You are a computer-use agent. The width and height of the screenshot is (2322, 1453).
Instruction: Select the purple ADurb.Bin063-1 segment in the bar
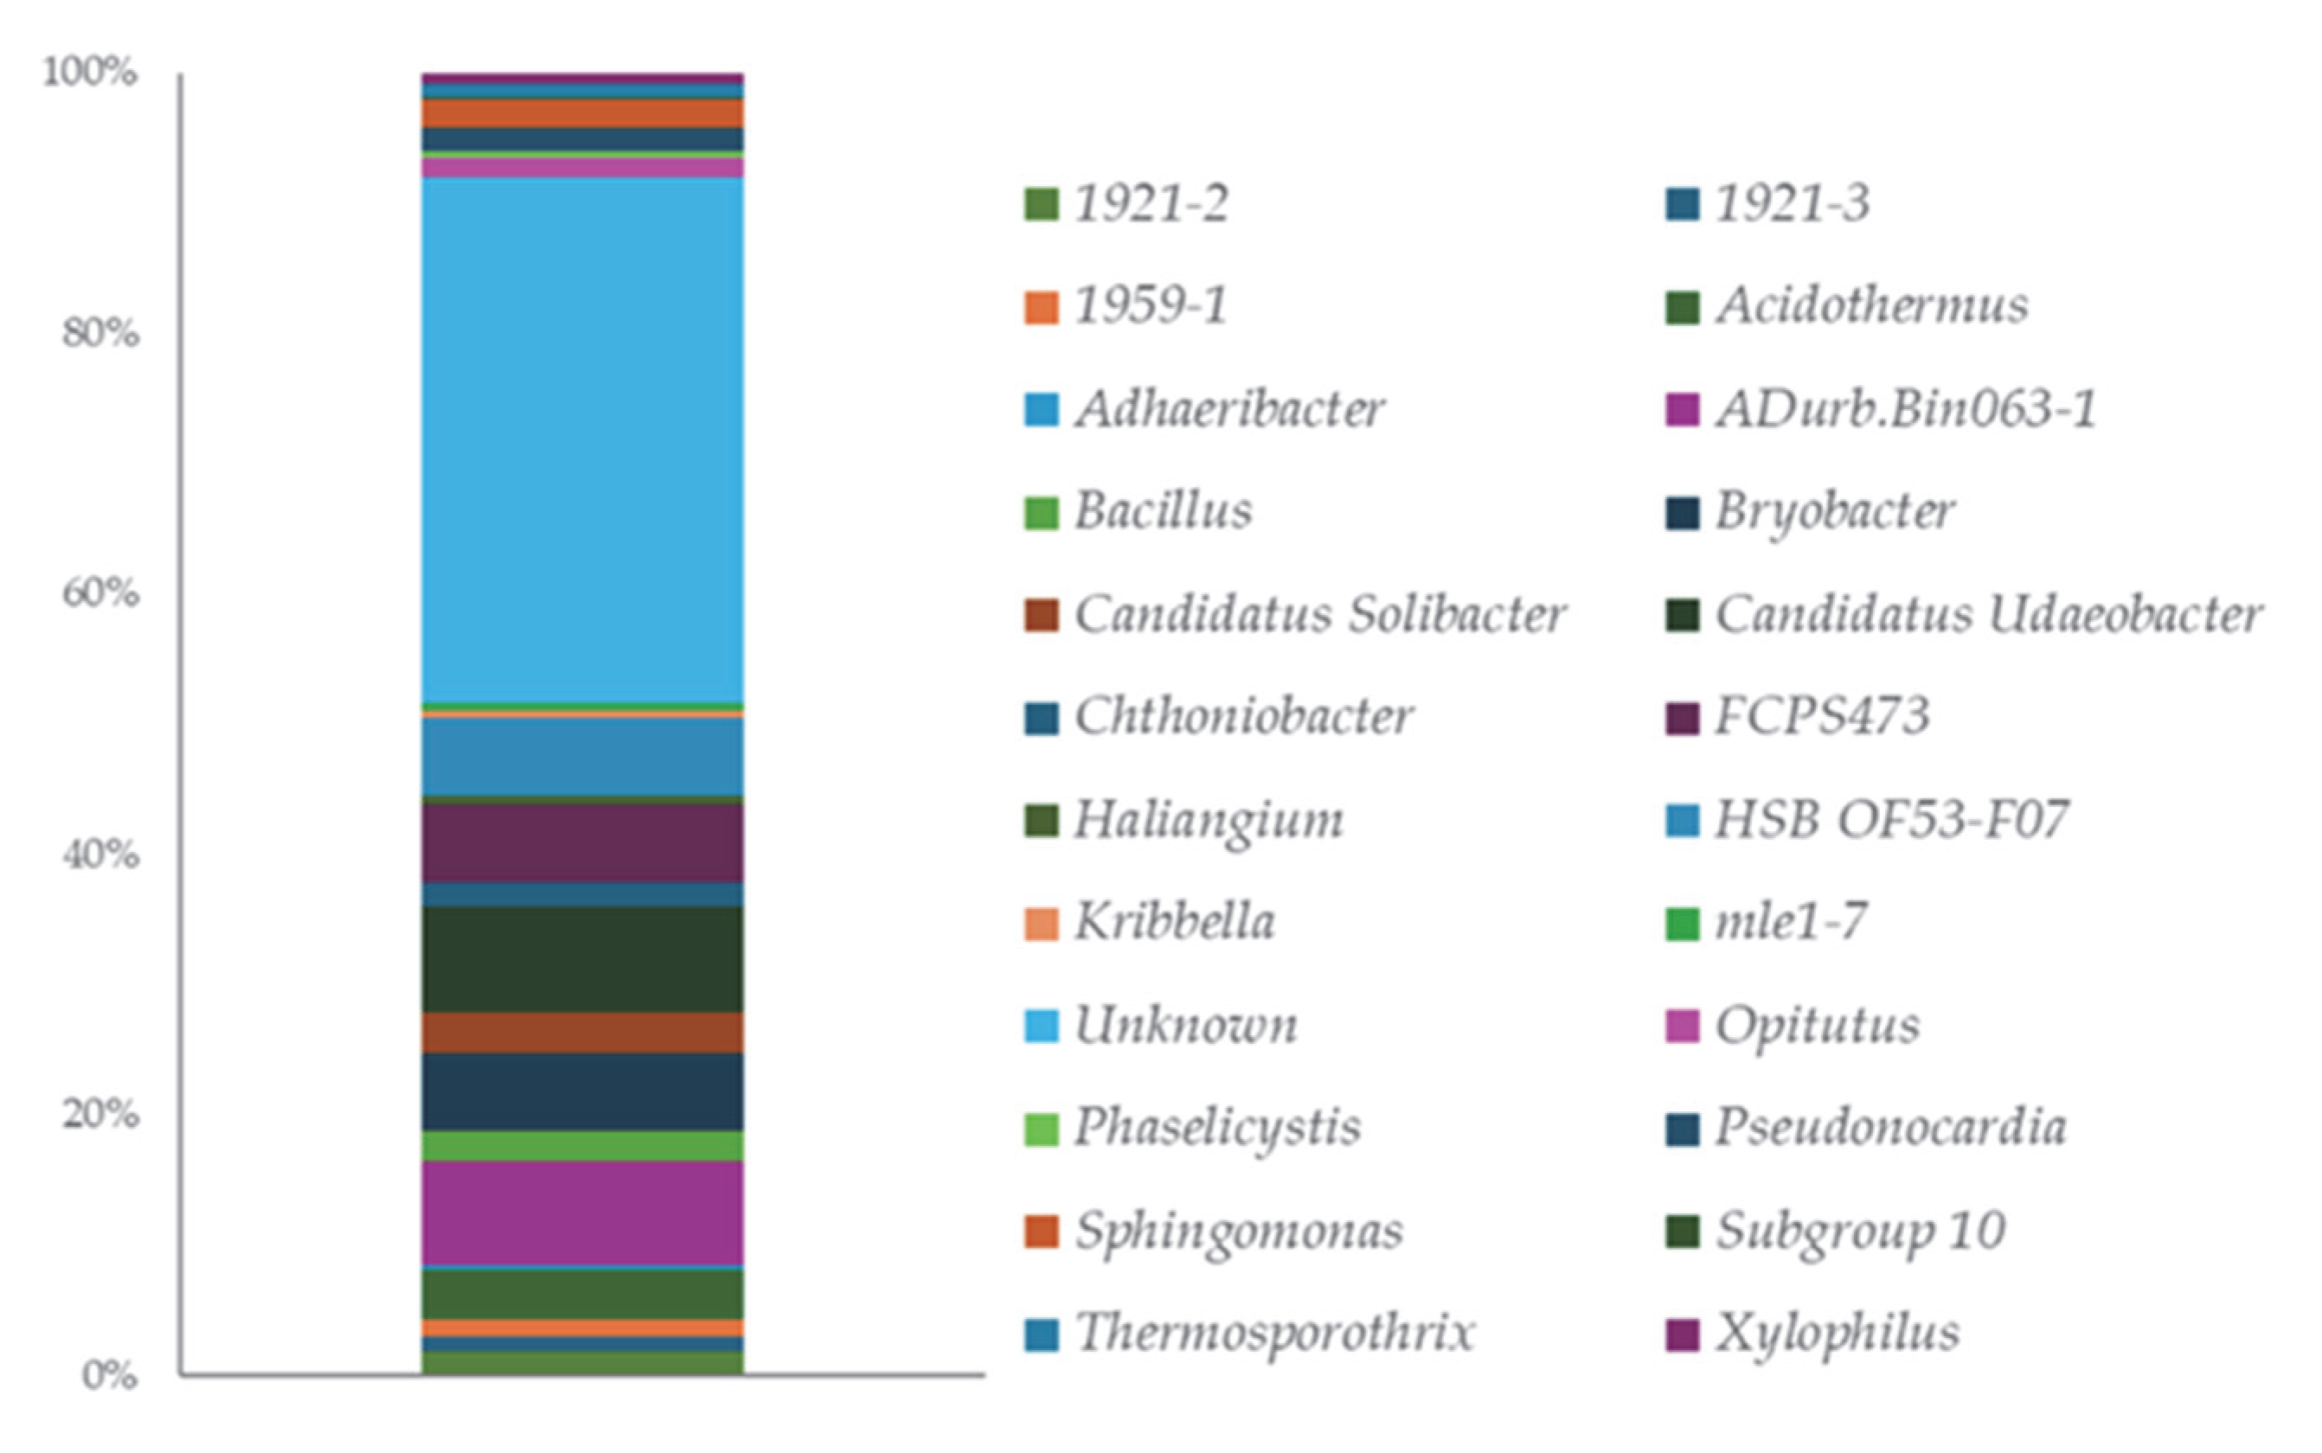click(x=581, y=1213)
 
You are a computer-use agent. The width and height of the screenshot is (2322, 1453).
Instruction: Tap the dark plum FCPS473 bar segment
click(x=581, y=842)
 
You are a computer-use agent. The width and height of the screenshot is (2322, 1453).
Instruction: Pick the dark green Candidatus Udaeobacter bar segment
click(x=581, y=959)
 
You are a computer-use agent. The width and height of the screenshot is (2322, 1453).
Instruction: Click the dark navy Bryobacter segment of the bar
click(x=581, y=1091)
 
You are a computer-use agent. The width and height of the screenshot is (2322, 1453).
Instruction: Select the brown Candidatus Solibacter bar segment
click(x=581, y=1033)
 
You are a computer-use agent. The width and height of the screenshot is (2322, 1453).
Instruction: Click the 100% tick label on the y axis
click(x=89, y=72)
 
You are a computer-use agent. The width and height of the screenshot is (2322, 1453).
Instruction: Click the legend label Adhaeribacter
click(x=1229, y=409)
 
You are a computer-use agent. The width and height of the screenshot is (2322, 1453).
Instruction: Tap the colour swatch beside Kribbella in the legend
click(x=1041, y=924)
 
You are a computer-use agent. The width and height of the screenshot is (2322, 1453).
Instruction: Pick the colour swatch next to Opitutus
click(x=1682, y=1027)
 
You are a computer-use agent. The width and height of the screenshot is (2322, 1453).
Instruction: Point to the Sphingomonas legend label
click(x=1238, y=1231)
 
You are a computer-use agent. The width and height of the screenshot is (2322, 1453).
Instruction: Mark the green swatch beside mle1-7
click(x=1682, y=924)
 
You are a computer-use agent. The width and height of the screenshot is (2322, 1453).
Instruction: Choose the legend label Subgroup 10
click(x=1860, y=1231)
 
